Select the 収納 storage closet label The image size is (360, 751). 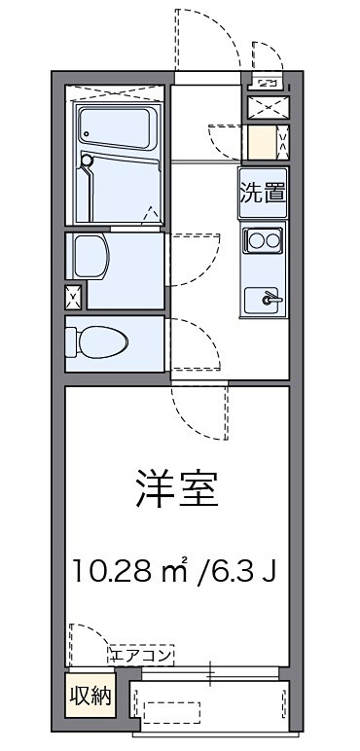(89, 696)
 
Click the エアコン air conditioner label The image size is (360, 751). (142, 655)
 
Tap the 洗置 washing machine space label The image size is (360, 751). (264, 193)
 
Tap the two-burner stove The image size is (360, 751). (264, 238)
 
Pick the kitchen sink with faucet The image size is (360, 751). (264, 300)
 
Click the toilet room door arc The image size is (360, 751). (192, 345)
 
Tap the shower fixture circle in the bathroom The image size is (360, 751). (87, 161)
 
